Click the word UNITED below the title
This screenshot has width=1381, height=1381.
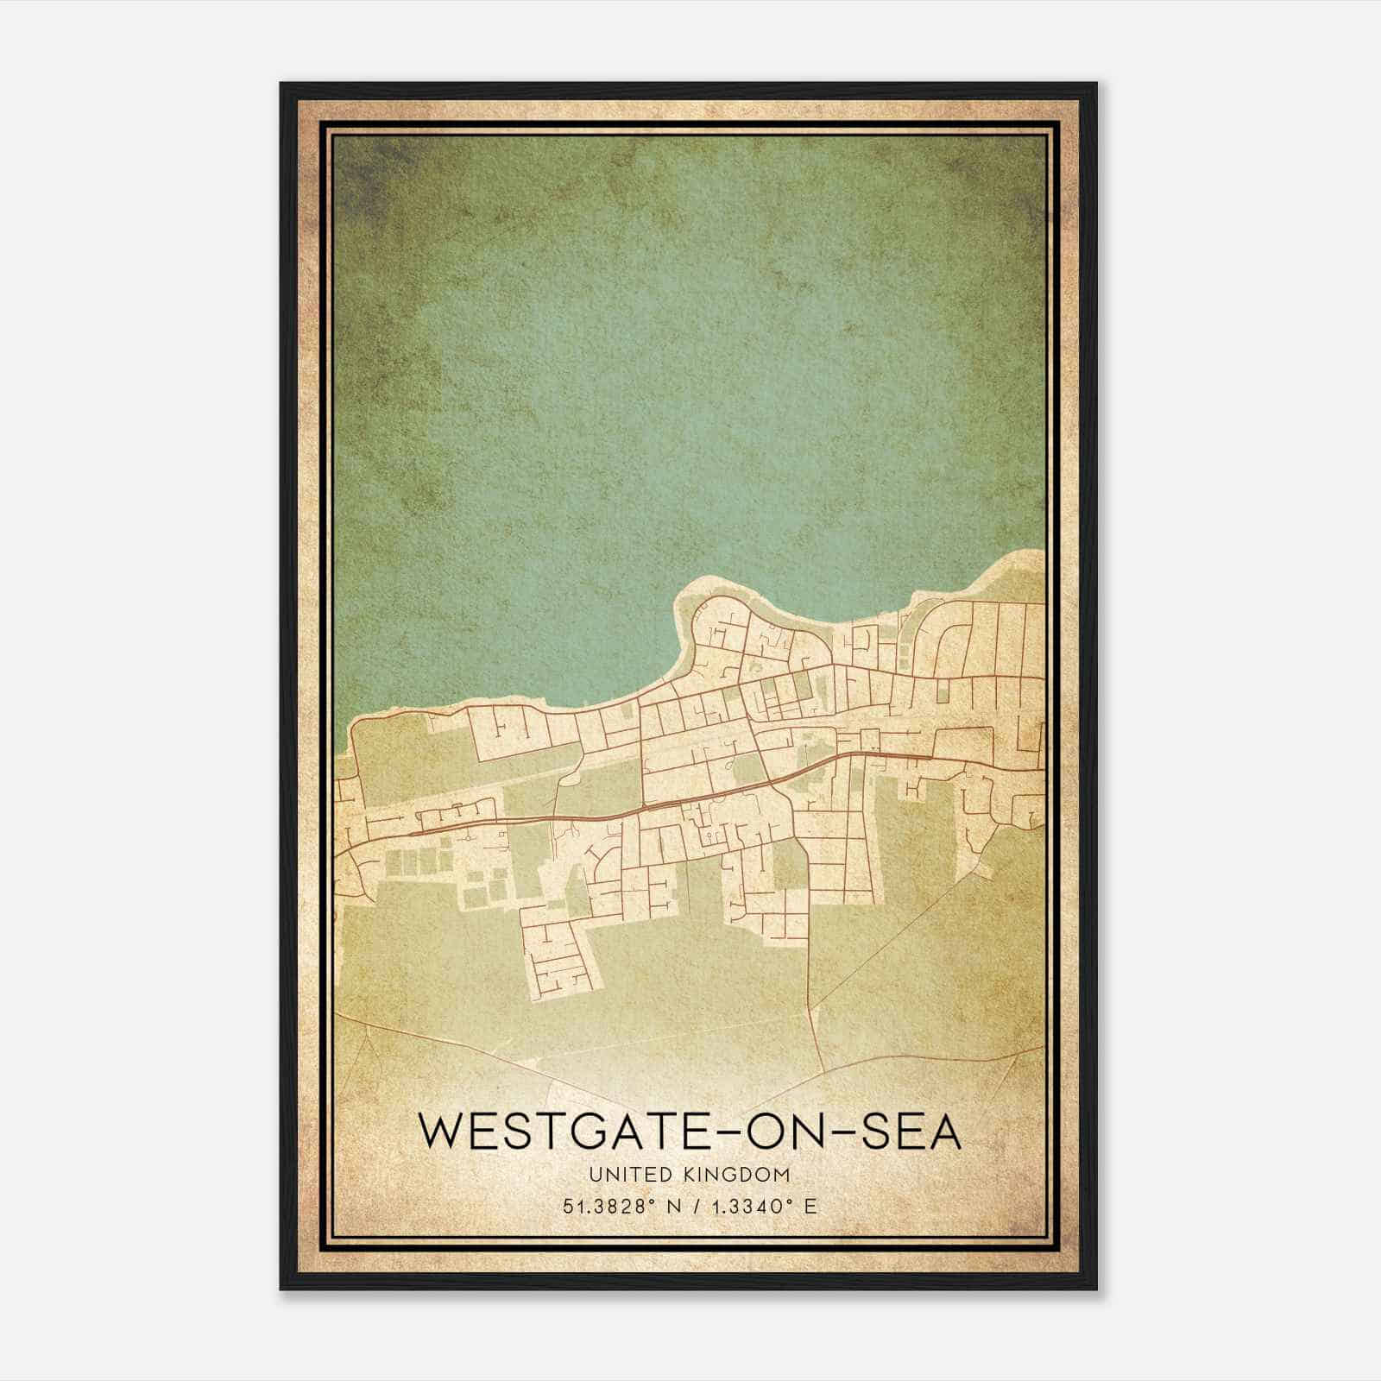623,1175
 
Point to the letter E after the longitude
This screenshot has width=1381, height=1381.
810,1207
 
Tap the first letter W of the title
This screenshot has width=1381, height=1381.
438,1132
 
